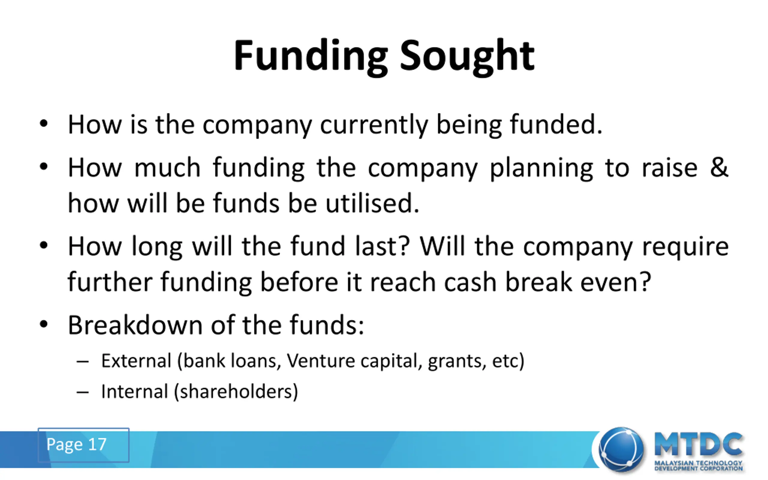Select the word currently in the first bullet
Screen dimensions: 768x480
tap(374, 125)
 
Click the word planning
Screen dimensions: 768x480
tap(541, 169)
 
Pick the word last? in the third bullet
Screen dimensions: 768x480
tap(382, 246)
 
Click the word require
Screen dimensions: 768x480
tap(685, 247)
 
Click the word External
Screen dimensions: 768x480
tap(136, 361)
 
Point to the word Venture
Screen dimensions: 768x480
tap(321, 361)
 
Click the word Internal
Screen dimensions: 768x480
tap(135, 391)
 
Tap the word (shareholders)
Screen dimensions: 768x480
tap(236, 392)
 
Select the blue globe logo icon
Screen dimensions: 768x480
tap(621, 449)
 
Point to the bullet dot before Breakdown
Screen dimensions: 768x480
tap(43, 324)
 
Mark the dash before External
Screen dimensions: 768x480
tap(82, 362)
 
